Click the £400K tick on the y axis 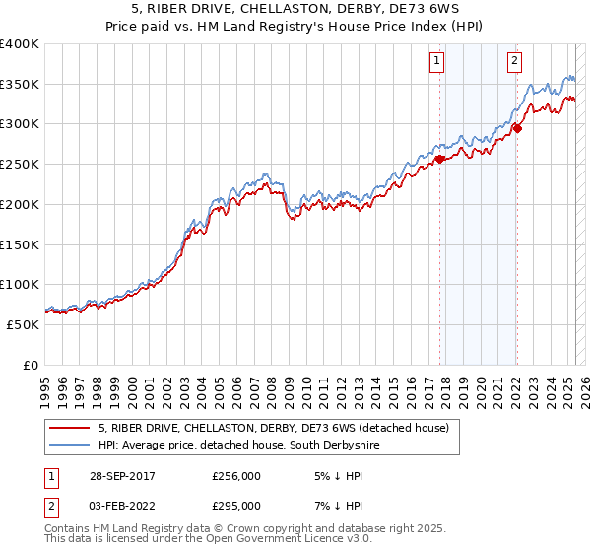[x=20, y=44]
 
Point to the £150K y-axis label [x=20, y=244]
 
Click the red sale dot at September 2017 [x=439, y=158]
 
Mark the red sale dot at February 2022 [x=518, y=127]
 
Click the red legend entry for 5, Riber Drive [x=274, y=428]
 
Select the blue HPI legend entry [x=238, y=446]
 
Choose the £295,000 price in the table [x=236, y=506]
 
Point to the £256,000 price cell [x=236, y=475]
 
